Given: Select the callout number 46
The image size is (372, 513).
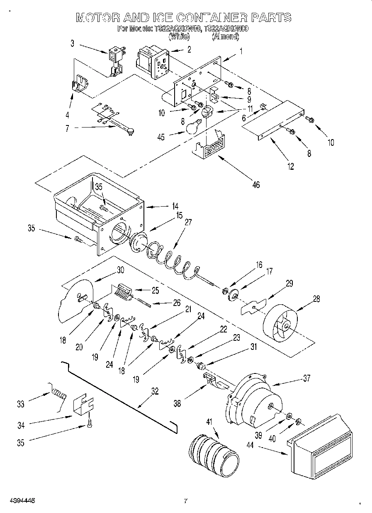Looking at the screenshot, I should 256,185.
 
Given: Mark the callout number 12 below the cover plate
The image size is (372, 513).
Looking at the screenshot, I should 290,166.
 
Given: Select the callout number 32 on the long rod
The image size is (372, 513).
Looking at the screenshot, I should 155,391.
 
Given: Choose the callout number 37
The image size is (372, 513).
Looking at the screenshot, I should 306,378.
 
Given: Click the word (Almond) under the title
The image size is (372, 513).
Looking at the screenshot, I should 226,36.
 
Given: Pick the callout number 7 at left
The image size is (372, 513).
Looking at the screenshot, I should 67,129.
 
